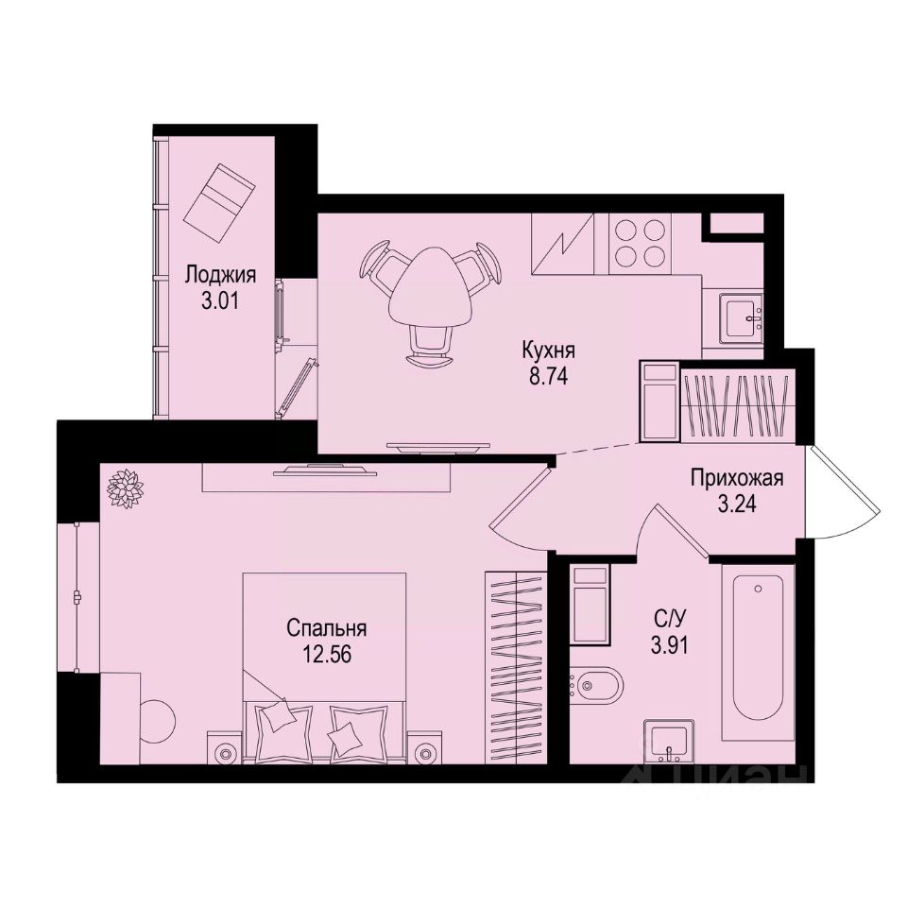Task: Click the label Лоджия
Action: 220,275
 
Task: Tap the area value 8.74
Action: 548,372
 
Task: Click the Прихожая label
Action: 737,478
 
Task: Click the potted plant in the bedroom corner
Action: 124,488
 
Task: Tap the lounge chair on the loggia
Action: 219,201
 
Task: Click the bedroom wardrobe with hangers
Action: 516,666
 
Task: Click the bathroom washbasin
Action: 670,741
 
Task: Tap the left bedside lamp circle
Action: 224,753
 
